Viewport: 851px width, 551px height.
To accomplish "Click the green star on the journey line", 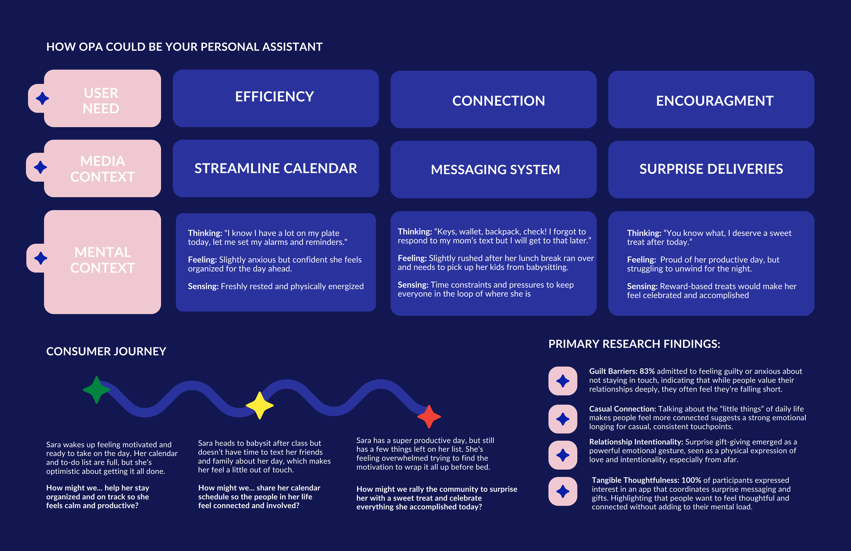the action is [x=96, y=390].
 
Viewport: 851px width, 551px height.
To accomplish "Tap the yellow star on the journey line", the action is [x=260, y=405].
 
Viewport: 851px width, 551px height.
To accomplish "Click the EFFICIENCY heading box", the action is [x=275, y=98].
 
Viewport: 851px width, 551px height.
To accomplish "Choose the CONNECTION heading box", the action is [x=494, y=99].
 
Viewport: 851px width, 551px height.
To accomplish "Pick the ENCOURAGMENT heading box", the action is [x=711, y=99].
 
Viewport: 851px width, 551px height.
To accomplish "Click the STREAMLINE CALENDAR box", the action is [x=275, y=169].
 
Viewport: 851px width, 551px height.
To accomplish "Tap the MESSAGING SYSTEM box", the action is [x=494, y=170].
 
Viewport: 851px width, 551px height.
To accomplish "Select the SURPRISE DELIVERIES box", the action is [x=711, y=169].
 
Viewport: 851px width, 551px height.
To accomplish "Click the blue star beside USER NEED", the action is [x=42, y=98].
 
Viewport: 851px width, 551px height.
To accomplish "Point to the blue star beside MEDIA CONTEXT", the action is [x=41, y=167].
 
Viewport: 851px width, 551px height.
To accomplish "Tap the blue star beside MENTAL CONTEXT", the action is [x=41, y=258].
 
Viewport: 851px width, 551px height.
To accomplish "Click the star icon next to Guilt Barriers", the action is [x=563, y=381].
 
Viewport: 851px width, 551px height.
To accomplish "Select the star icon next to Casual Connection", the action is [x=563, y=419].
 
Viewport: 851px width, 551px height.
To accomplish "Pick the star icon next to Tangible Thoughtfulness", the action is [x=563, y=491].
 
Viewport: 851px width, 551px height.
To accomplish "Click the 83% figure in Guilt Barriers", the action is [x=647, y=371].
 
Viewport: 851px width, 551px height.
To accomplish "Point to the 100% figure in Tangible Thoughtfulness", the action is [x=691, y=480].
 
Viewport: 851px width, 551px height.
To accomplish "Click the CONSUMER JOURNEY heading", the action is [x=106, y=351].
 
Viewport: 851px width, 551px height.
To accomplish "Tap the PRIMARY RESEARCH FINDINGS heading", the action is [x=634, y=344].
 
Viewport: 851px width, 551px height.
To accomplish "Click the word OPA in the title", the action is [x=91, y=47].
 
